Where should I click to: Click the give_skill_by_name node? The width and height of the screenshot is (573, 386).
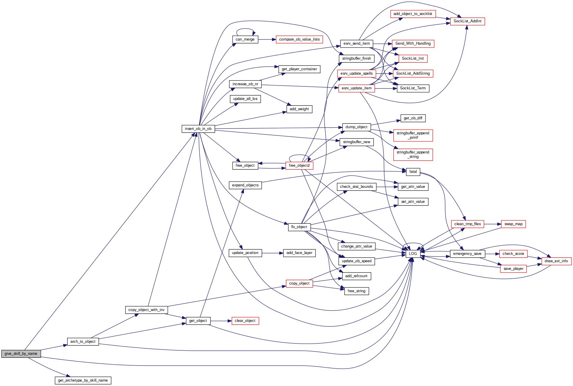pos(21,354)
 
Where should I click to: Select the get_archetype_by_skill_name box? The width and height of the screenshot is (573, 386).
pos(83,380)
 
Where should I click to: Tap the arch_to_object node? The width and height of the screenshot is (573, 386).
pos(83,342)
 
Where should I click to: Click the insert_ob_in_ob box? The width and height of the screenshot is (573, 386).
pos(198,129)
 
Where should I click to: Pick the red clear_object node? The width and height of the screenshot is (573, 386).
pos(245,321)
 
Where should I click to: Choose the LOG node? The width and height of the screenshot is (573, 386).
pos(413,254)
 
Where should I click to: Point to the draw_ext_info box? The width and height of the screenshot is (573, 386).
pos(556,261)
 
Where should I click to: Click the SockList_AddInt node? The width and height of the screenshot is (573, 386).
pos(467,21)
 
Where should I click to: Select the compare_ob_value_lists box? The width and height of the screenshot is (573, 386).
pos(299,39)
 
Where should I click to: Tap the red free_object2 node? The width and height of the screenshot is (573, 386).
pos(299,166)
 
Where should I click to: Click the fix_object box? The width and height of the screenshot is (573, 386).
pos(299,227)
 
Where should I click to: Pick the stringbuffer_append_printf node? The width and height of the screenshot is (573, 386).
pos(413,135)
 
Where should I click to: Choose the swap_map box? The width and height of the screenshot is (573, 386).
pos(513,224)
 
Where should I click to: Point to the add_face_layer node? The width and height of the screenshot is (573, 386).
pos(299,253)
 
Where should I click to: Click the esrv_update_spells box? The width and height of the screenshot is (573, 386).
pos(356,73)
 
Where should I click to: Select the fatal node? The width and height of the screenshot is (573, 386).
pos(413,172)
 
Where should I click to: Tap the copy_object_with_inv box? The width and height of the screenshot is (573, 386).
pos(146,310)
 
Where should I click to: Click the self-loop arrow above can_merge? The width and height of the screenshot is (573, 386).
pos(245,29)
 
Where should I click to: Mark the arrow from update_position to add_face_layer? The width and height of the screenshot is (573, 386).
pos(272,253)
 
